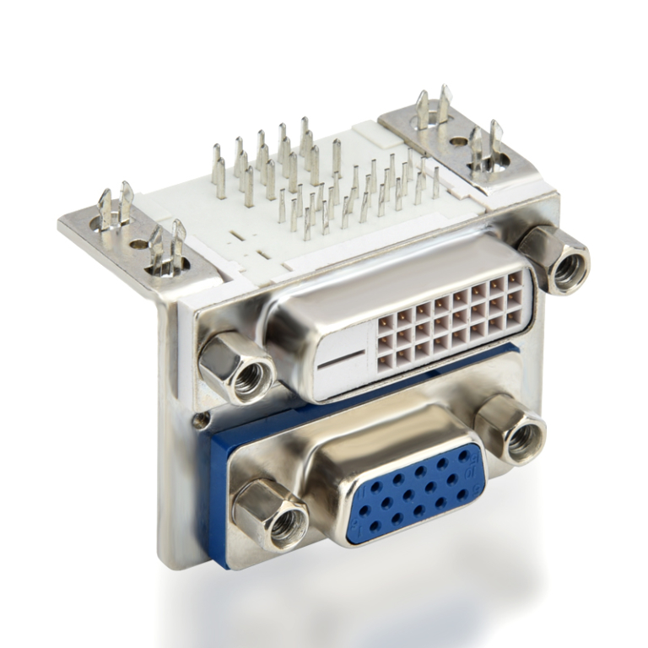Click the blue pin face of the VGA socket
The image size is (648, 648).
pyautogui.click(x=412, y=494)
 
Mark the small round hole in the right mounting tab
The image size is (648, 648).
pyautogui.click(x=457, y=142)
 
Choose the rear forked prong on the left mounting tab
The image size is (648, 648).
pyautogui.click(x=115, y=207)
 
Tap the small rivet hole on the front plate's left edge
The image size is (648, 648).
pyautogui.click(x=202, y=419)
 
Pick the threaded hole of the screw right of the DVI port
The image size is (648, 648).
pyautogui.click(x=568, y=268)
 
